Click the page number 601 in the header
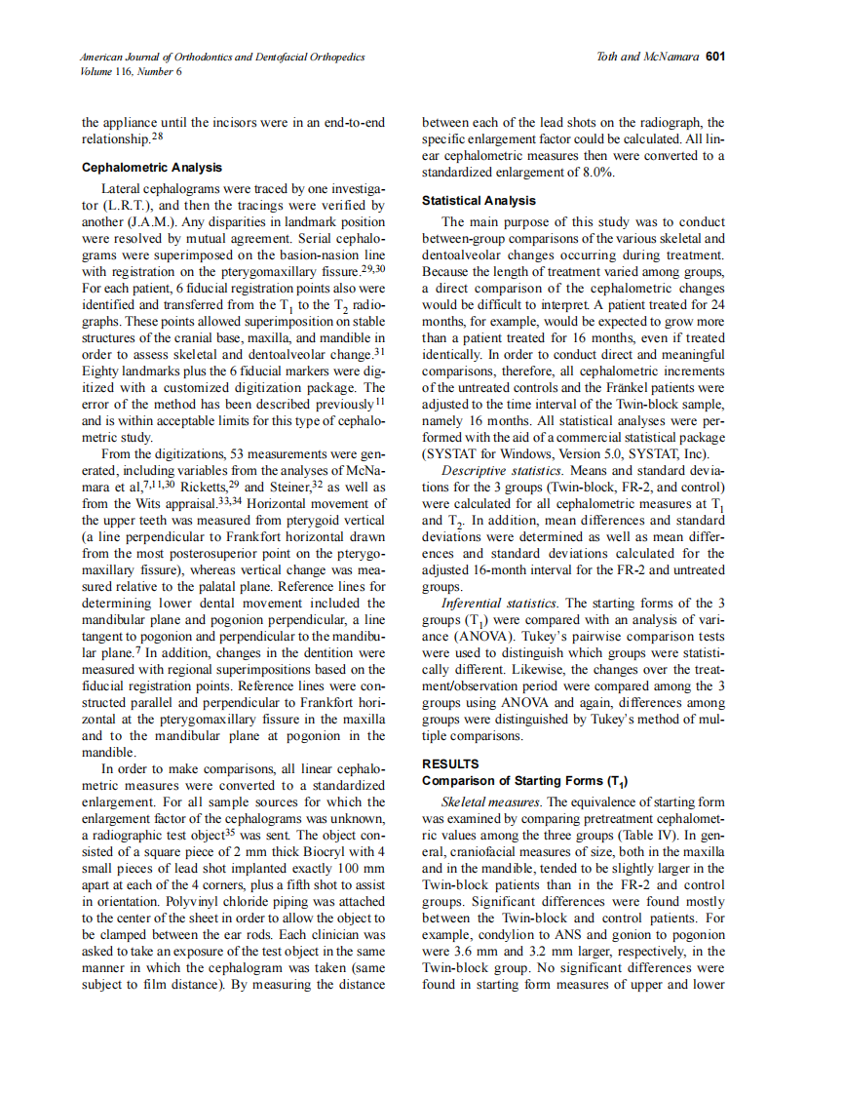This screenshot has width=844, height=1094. [x=715, y=57]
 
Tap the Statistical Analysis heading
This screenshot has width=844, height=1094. [x=479, y=201]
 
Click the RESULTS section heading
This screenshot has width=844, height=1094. [x=451, y=763]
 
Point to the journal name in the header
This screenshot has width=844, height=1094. [x=222, y=58]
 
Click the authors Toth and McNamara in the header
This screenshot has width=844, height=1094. [x=647, y=57]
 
